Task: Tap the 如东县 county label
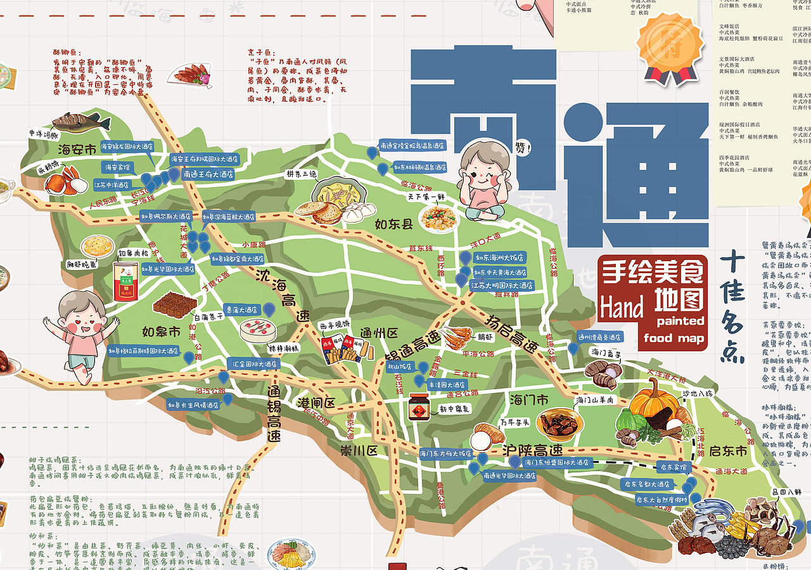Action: pyautogui.click(x=393, y=224)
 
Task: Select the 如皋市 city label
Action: pyautogui.click(x=161, y=332)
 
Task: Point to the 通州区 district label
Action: pyautogui.click(x=378, y=334)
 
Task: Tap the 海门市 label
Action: pyautogui.click(x=529, y=400)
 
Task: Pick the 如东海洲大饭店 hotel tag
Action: pyautogui.click(x=501, y=258)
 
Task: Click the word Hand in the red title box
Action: pyautogui.click(x=623, y=308)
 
